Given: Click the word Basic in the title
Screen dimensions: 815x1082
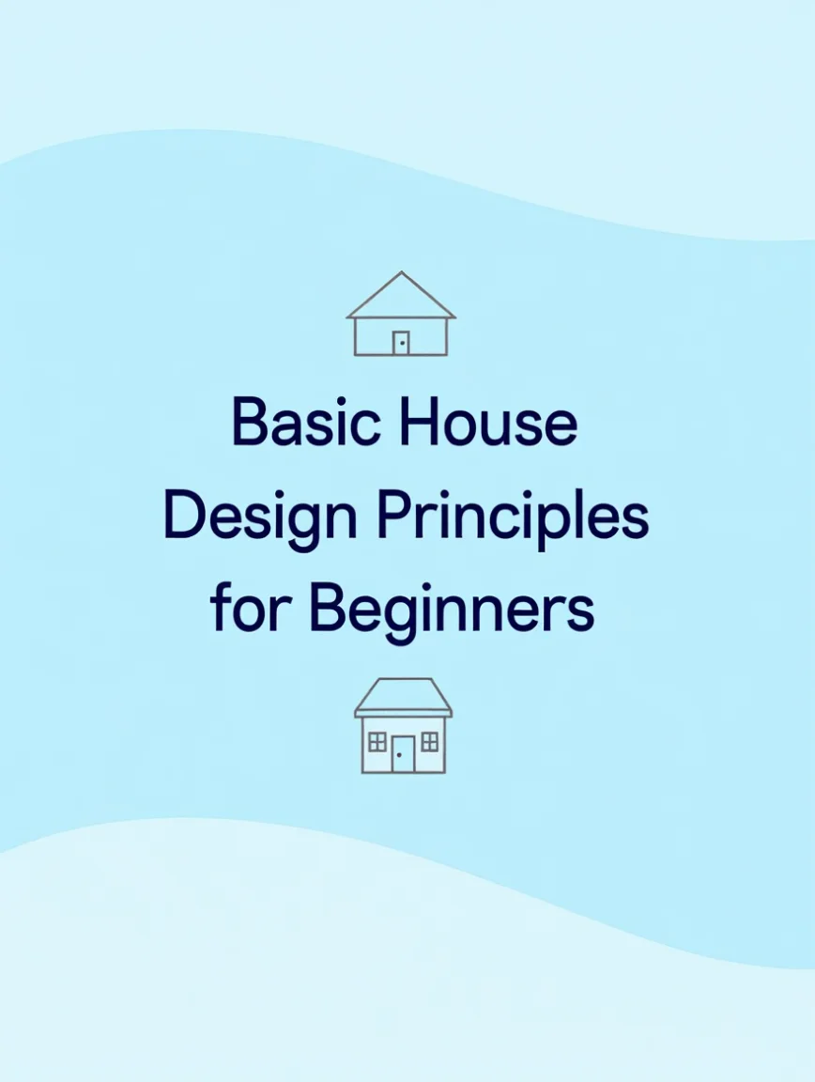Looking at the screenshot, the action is pyautogui.click(x=306, y=421).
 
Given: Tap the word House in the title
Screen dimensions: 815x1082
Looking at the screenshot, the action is pyautogui.click(x=488, y=421).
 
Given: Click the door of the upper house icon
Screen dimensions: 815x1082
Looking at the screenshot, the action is pyautogui.click(x=401, y=343).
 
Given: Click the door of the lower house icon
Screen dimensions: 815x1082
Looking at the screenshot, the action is pyautogui.click(x=403, y=754).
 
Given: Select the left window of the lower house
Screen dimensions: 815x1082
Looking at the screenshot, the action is pyautogui.click(x=377, y=742).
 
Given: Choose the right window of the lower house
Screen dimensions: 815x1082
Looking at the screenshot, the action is pyautogui.click(x=429, y=742).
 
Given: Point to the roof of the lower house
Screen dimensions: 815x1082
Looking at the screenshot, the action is pyautogui.click(x=403, y=697).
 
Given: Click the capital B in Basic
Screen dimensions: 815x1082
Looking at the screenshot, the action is pyautogui.click(x=250, y=421).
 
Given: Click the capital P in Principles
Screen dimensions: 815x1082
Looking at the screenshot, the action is pyautogui.click(x=394, y=516).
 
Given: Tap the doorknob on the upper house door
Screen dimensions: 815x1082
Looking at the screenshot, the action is pyautogui.click(x=402, y=343).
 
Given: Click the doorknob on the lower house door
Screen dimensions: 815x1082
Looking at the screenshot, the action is pyautogui.click(x=399, y=755).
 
